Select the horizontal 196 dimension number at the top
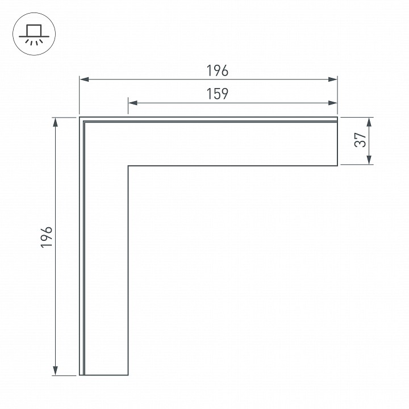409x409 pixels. click(x=217, y=71)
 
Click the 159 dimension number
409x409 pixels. click(x=217, y=94)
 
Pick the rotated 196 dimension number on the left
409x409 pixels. click(x=47, y=236)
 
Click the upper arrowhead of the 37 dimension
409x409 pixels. click(x=370, y=122)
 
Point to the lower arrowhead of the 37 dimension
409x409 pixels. click(x=370, y=161)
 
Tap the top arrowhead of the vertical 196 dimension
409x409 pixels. click(x=55, y=122)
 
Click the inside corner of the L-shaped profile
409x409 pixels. click(x=128, y=166)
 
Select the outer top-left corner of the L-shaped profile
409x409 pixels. click(x=80, y=118)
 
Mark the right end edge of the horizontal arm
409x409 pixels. click(x=338, y=141)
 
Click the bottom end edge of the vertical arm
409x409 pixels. click(x=104, y=375)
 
